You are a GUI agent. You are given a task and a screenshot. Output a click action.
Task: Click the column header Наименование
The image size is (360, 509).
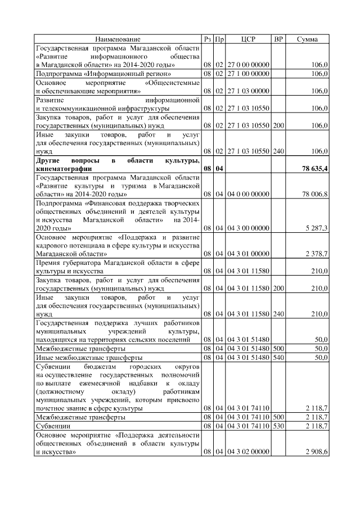pos(118,39)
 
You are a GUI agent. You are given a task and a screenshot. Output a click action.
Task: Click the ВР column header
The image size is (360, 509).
pos(278,39)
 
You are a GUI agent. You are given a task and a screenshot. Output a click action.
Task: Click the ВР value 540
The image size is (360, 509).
pos(278,357)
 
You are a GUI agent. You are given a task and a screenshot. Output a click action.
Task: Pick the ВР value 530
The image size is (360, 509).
pos(278,426)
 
